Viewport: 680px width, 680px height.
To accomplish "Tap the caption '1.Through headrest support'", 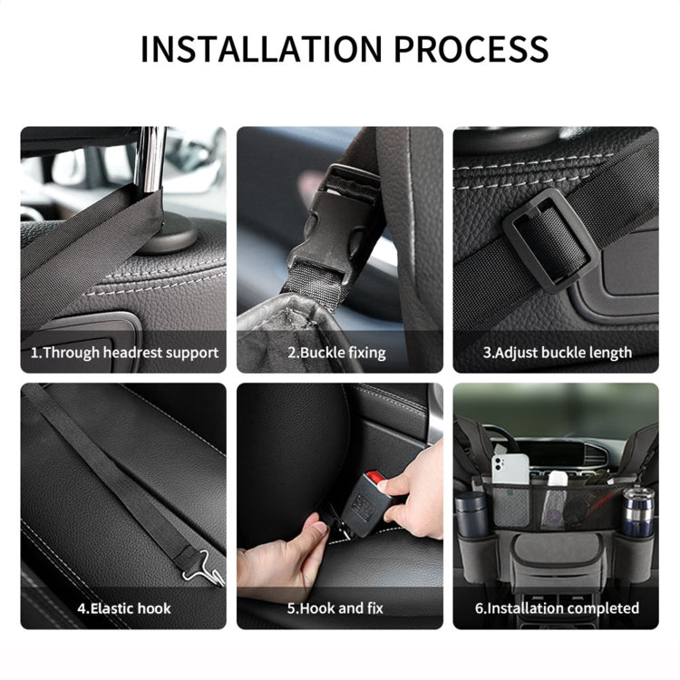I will coord(124,353).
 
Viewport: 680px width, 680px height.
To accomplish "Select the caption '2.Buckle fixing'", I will coord(336,353).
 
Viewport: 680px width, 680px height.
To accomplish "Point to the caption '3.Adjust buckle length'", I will coord(557,353).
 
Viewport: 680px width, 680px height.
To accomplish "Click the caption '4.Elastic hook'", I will coord(123,607).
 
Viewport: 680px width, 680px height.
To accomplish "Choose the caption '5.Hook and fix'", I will coord(337,607).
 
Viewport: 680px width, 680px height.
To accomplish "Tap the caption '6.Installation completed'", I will coord(557,607).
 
